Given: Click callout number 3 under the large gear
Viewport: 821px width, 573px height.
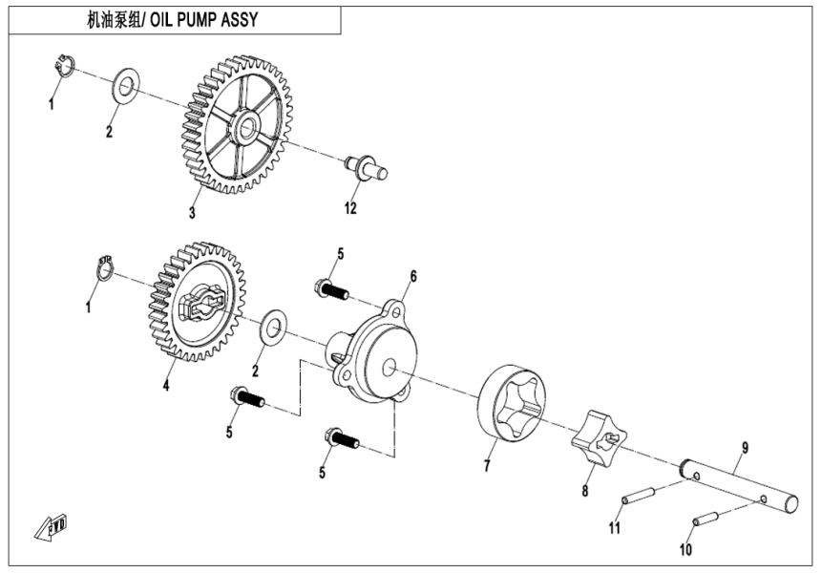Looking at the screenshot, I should click(193, 212).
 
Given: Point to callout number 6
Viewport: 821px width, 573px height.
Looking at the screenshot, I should click(413, 276).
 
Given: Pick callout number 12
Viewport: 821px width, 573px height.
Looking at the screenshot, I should click(350, 208).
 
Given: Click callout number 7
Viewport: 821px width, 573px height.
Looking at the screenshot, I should click(487, 468).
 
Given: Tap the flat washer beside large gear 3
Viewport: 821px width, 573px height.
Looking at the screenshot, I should click(125, 88).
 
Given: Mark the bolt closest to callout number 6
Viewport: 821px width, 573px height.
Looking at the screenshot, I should click(329, 287).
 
